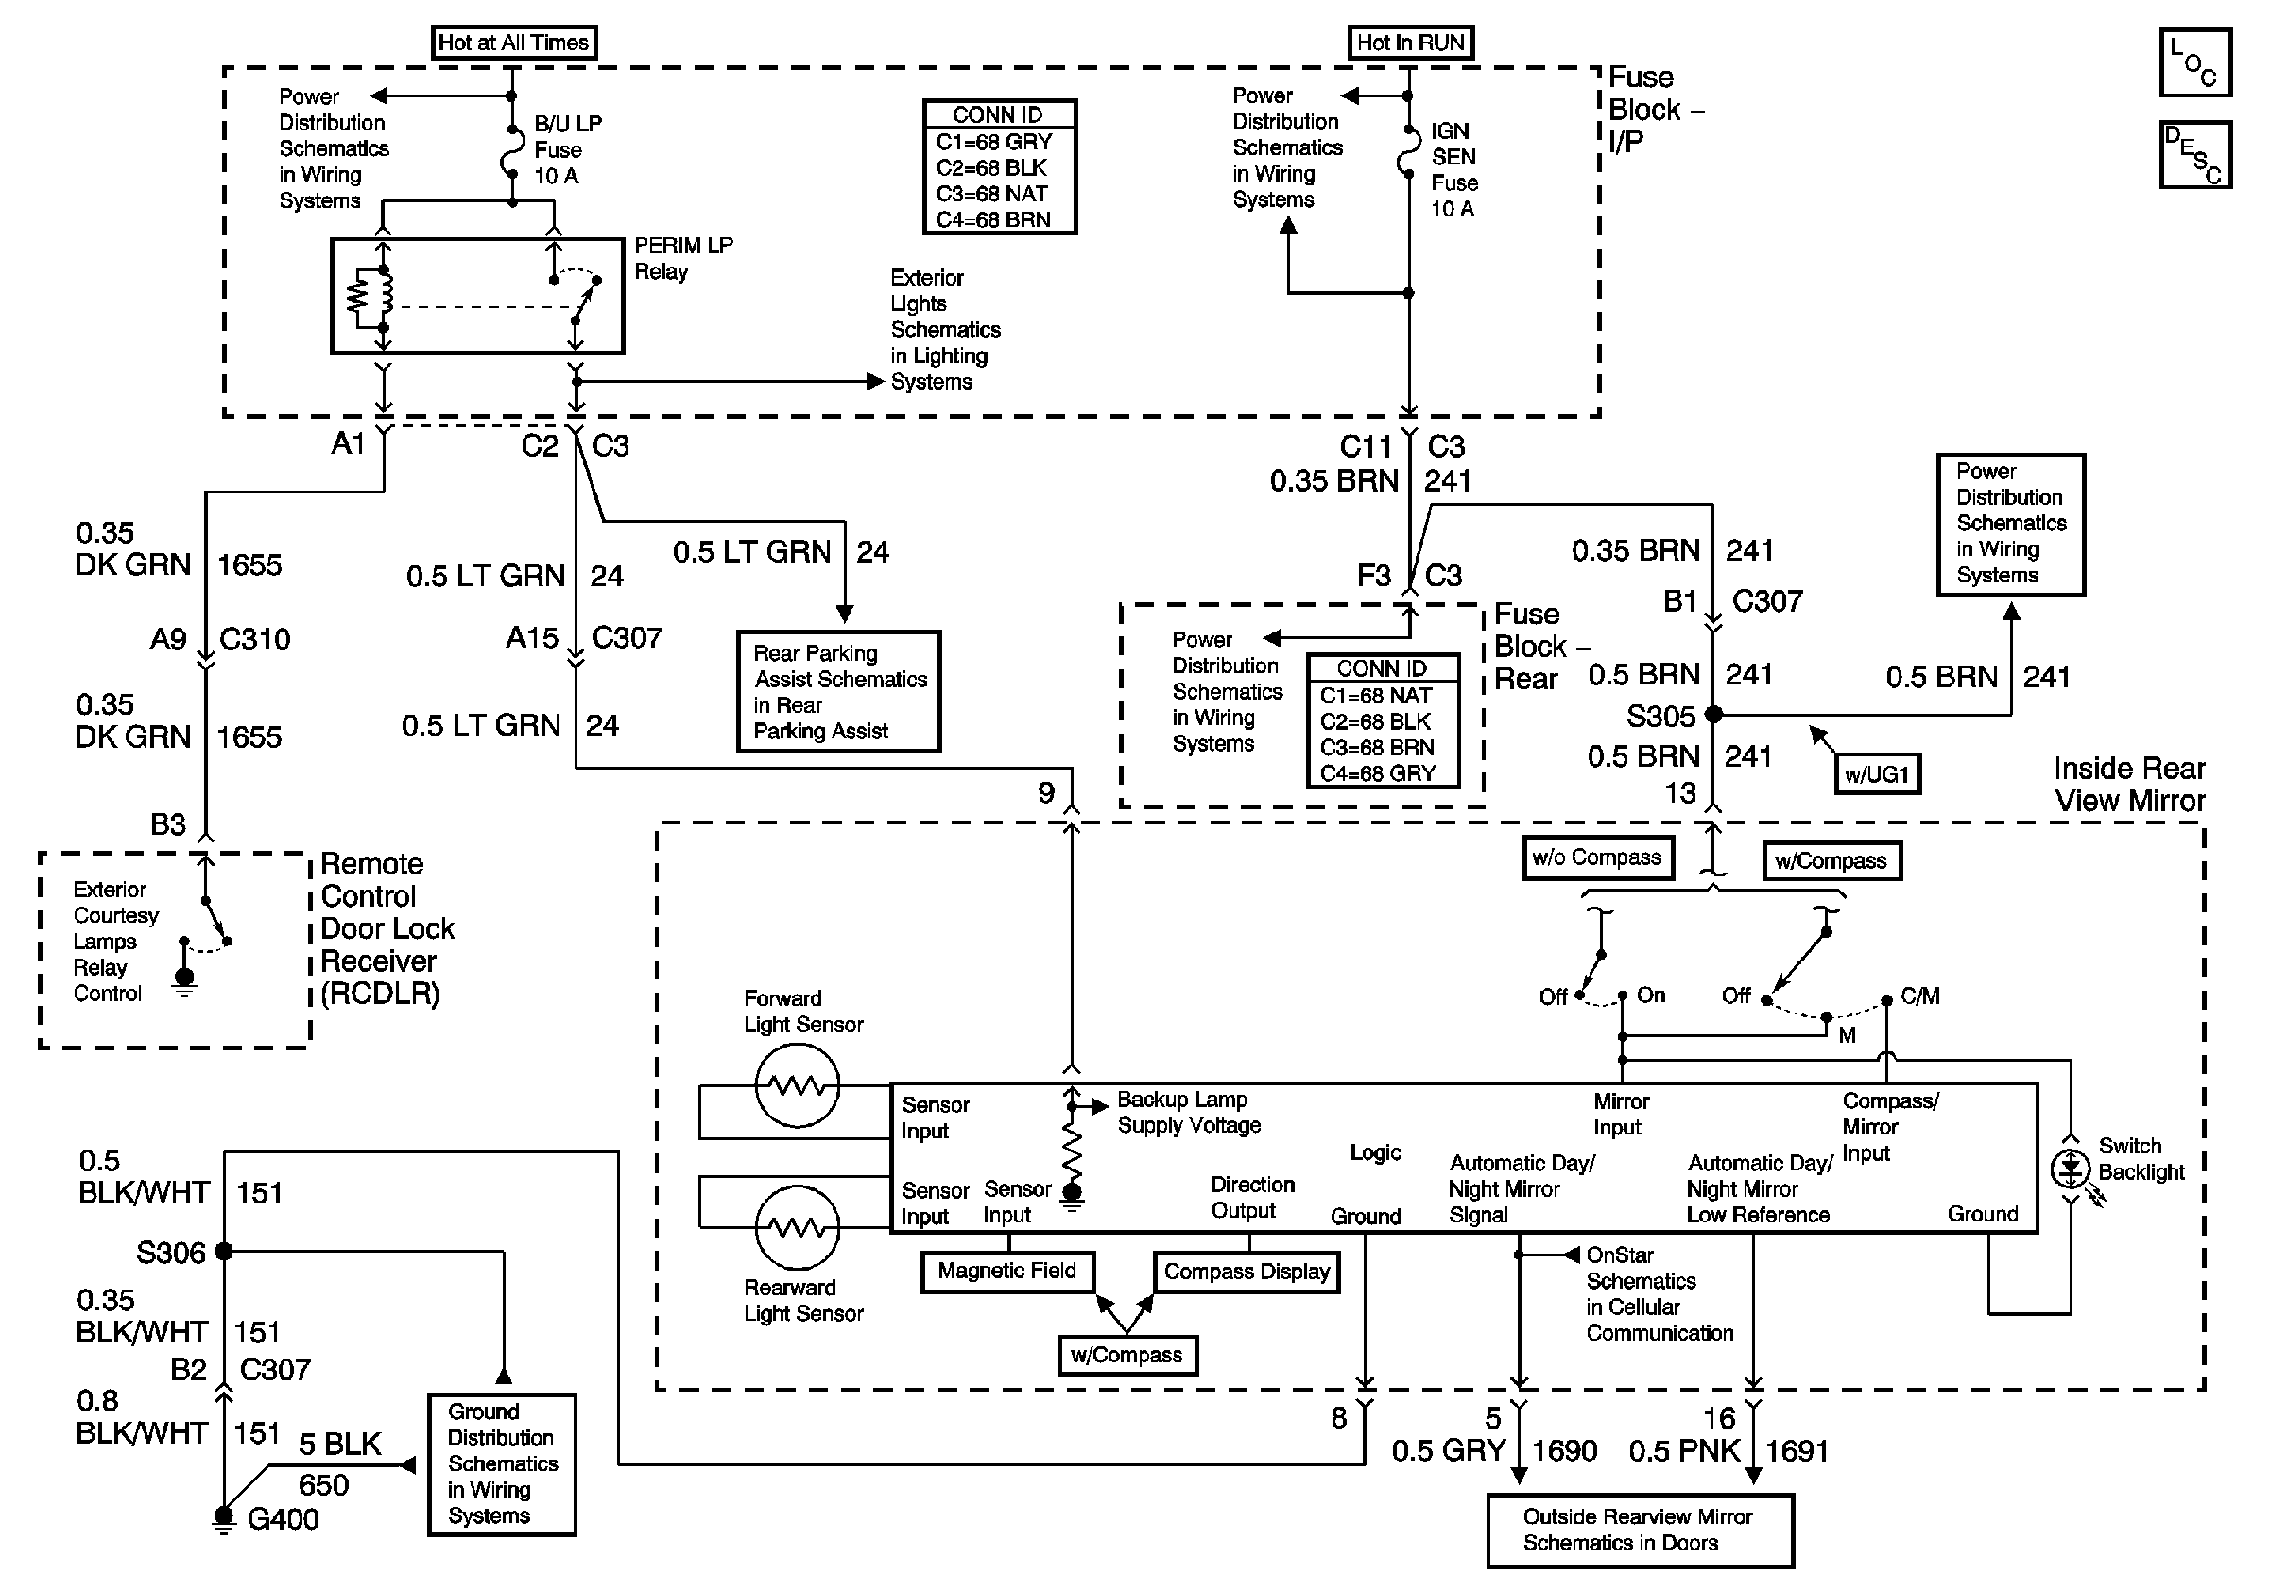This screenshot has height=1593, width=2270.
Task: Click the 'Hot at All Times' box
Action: coord(514,43)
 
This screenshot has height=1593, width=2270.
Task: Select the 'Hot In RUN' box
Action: coord(1410,43)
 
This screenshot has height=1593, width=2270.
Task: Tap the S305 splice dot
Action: coord(1713,714)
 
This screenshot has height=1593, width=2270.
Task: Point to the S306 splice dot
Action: coord(224,1251)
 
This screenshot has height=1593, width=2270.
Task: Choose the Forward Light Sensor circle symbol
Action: coord(797,1084)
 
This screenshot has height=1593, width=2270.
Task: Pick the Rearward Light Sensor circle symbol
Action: coord(797,1227)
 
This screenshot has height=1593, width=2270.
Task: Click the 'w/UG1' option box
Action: coord(1876,774)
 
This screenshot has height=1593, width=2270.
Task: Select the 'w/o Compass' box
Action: coord(1597,857)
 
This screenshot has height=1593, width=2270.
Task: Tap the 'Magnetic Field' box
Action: coord(1006,1271)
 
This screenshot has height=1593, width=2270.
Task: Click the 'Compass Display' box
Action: coord(1246,1272)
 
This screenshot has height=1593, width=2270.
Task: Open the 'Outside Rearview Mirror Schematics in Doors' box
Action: coord(1640,1530)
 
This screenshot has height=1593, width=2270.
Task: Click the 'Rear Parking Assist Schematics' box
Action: coord(838,691)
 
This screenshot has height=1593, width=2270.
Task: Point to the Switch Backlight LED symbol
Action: coord(2070,1169)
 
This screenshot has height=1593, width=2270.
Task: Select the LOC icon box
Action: coord(2193,62)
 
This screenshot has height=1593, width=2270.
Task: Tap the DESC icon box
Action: coord(2193,154)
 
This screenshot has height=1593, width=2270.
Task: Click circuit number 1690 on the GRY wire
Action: coord(1564,1450)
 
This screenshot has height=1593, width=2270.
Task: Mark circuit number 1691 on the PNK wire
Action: coord(1797,1450)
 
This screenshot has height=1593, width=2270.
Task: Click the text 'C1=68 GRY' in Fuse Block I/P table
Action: coord(993,143)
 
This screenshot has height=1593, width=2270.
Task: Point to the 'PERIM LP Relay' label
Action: coord(682,258)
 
